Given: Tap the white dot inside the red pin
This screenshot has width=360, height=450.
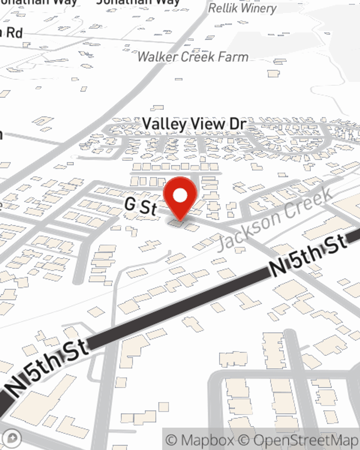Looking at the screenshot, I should coord(180,196).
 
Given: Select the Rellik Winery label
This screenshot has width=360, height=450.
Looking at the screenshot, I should coord(242,8).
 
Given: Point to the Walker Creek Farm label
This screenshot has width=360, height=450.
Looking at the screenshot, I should coord(193,57).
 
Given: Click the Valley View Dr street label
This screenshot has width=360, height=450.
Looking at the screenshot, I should coord(194,124).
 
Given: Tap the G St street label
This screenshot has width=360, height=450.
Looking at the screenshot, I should coord(141,206).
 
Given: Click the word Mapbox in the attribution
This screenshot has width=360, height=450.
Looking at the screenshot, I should coord(207,440).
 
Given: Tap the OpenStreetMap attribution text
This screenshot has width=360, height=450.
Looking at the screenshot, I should coord(305,440).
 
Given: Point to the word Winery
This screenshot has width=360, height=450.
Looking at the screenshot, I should coord(258,8).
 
